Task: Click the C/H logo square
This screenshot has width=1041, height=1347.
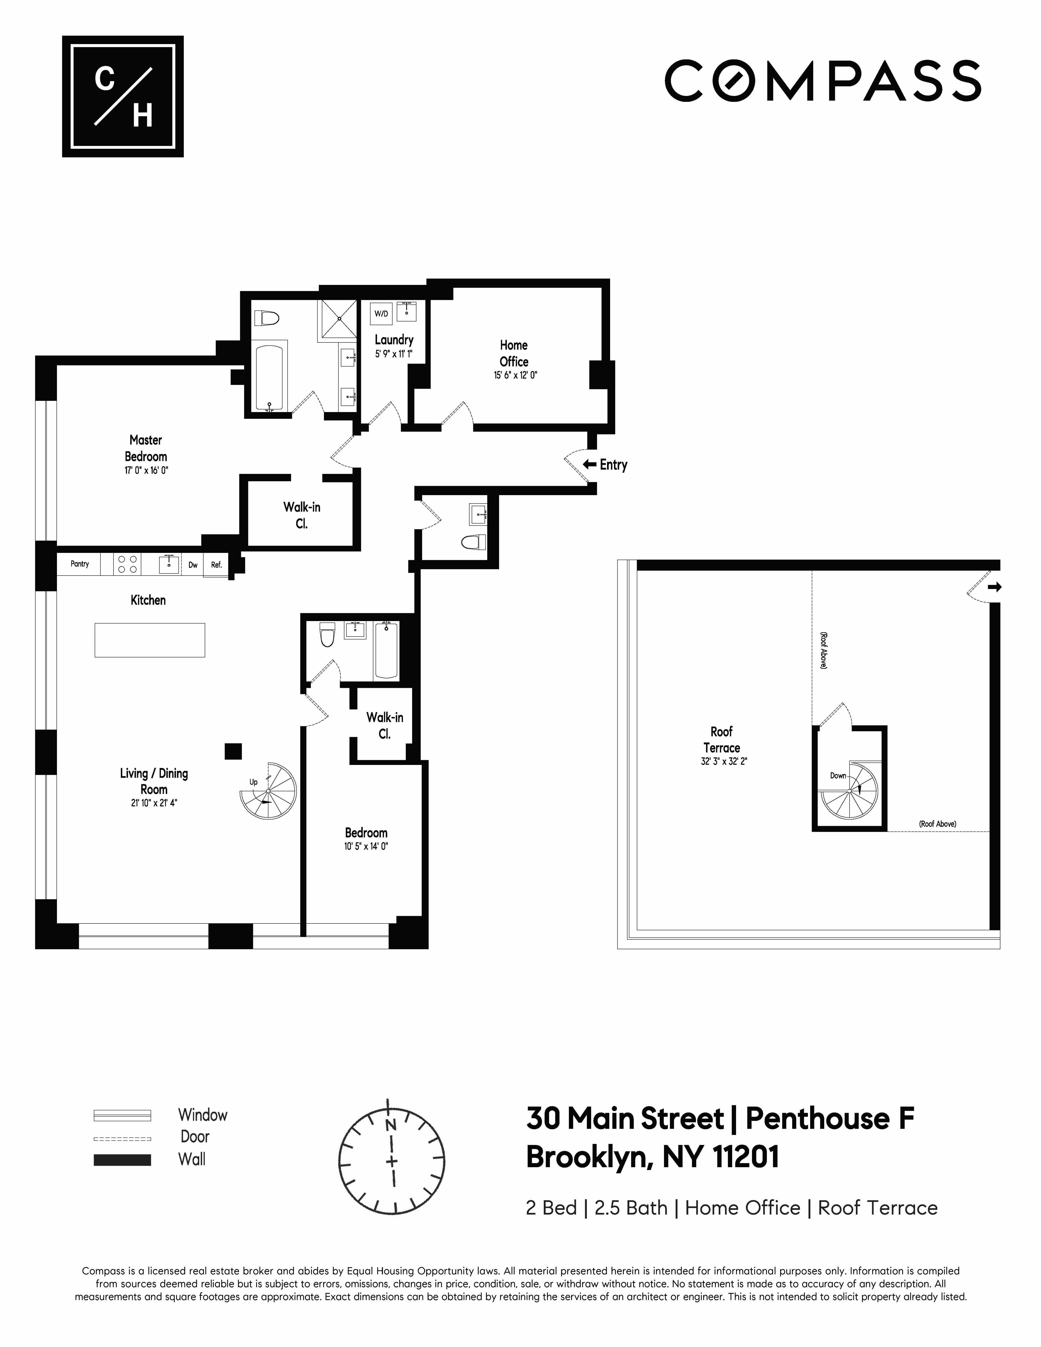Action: coord(123,96)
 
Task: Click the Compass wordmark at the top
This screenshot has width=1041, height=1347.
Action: coord(823,81)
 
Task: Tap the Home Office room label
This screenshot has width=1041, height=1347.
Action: coord(514,353)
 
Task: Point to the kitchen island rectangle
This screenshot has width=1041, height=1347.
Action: coord(150,640)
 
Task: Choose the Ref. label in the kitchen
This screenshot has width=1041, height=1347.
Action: coord(216,564)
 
